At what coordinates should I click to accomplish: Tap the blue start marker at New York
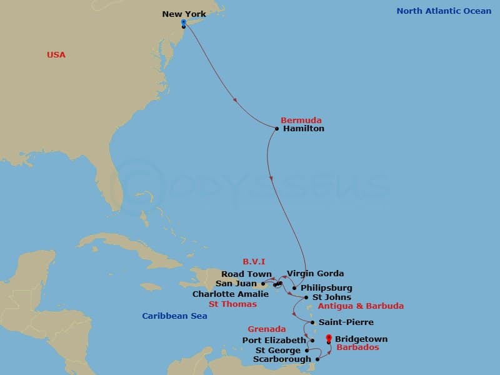coord(183,22)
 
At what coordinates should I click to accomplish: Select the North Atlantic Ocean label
coord(444,11)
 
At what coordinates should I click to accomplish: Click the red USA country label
coord(56,55)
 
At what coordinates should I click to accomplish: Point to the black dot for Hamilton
coord(277,129)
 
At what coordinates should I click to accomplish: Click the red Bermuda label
coord(301,119)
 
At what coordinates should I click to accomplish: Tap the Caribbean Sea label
coord(174,316)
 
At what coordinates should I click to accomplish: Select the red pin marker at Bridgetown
coord(329,338)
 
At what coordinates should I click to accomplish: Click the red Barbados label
coord(357,347)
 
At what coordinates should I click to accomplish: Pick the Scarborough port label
coord(282,359)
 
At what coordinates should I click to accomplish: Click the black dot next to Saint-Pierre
coord(312,322)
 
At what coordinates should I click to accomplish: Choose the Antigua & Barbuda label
coord(361,306)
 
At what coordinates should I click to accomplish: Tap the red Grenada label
coord(267,329)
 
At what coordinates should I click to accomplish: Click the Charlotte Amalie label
coord(231,294)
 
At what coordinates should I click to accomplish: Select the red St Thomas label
coord(232,304)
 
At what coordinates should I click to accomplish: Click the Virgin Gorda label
coord(315,274)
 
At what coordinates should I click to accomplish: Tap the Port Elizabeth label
coord(274,341)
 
